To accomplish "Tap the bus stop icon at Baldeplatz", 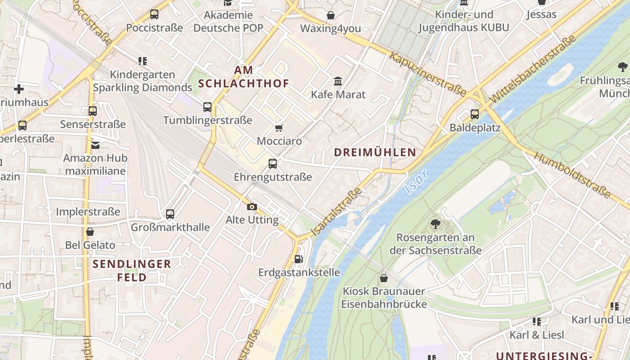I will click(x=475, y=114).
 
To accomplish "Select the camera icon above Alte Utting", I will click(x=252, y=207).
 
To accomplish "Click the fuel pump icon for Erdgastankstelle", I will click(x=298, y=259).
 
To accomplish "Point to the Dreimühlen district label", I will click(x=375, y=152).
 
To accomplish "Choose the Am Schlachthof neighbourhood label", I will click(x=243, y=77).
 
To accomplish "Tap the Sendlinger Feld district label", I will click(x=132, y=270).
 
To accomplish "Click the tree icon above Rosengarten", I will click(x=435, y=224).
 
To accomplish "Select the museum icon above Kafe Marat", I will click(x=338, y=81).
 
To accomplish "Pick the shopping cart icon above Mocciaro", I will click(x=279, y=128).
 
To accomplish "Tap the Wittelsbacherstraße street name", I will click(x=533, y=68).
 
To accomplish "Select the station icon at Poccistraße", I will click(x=154, y=14).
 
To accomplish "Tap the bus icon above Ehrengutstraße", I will click(x=273, y=164).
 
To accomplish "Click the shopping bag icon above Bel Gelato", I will click(x=90, y=232).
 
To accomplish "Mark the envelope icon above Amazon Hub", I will click(x=95, y=145).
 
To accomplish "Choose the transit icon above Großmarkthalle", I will click(x=170, y=214).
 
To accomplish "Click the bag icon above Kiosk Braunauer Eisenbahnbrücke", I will click(x=384, y=278).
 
